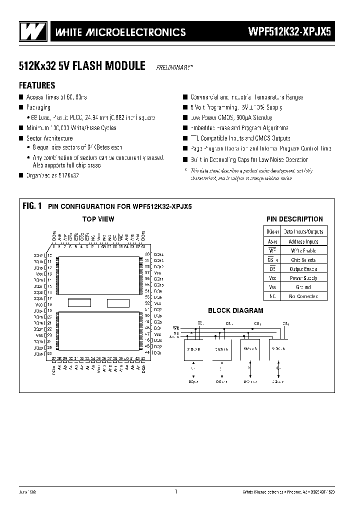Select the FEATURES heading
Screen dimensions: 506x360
[37, 85]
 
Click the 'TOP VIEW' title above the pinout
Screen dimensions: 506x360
[98, 219]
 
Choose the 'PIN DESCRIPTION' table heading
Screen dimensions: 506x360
[294, 219]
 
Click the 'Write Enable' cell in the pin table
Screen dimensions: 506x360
[303, 250]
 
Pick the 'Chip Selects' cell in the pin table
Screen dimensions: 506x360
[303, 259]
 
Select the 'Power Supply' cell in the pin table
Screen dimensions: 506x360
[303, 278]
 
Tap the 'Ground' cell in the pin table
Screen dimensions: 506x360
[303, 287]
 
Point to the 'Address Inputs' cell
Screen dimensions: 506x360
[303, 241]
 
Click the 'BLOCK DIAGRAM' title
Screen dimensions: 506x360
[235, 310]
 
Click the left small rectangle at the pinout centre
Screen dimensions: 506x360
[79, 302]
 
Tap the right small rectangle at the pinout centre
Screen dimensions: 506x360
[117, 302]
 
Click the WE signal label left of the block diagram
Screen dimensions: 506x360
[175, 328]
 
